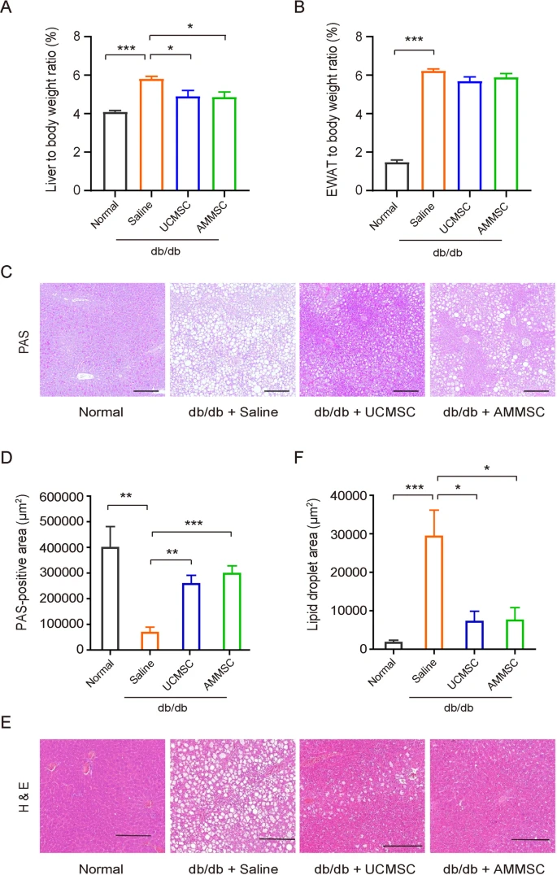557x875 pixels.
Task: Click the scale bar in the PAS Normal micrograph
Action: click(145, 390)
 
